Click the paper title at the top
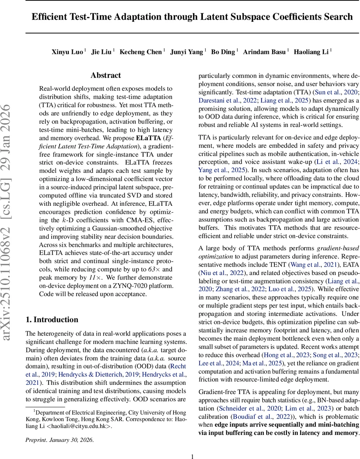[x=192, y=17]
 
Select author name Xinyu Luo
[x=67, y=52]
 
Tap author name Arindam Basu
[x=264, y=52]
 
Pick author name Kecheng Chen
[x=141, y=52]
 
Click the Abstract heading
[x=105, y=75]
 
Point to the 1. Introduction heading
[x=52, y=320]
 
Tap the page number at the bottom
[x=192, y=456]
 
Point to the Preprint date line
[x=59, y=440]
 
